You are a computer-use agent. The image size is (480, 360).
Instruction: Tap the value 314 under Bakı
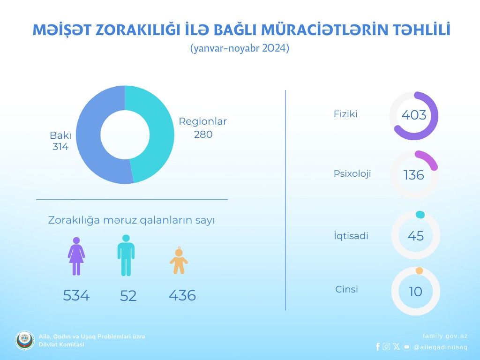coord(60,147)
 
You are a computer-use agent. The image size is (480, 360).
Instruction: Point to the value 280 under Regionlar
coord(203,135)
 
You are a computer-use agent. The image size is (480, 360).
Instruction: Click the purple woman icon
coord(76,256)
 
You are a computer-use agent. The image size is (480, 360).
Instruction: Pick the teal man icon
coord(126,255)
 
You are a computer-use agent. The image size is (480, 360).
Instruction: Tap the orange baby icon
coord(179,261)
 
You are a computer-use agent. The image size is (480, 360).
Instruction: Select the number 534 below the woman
coord(76,295)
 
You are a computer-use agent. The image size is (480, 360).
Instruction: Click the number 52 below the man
coord(128,296)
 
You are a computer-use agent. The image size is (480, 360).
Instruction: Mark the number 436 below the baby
coord(182,295)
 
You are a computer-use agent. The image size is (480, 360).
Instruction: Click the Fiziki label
coord(345,114)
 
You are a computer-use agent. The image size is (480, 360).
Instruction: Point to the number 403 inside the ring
coord(414,115)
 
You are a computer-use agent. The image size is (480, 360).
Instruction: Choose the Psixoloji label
coord(352,173)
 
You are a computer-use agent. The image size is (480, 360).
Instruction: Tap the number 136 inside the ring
coord(414,175)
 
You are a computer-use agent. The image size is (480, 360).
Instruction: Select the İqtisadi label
coord(351,236)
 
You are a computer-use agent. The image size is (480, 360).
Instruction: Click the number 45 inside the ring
coord(416,236)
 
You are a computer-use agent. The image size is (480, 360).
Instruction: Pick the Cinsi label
coord(346,289)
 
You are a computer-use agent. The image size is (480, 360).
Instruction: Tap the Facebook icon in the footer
coord(378,346)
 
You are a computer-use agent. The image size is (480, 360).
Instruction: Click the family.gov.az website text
coord(445,336)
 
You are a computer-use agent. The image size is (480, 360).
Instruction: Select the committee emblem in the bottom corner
coord(25,340)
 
